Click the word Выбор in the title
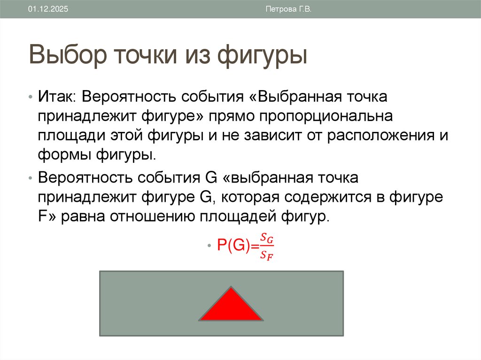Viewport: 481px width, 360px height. pos(68,55)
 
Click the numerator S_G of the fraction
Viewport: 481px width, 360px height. pos(267,239)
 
